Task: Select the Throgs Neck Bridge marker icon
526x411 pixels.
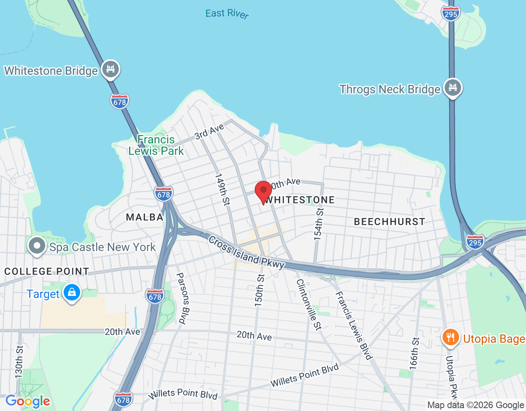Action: (452, 88)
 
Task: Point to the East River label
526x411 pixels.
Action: (227, 14)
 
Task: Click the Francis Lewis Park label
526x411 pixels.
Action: (156, 145)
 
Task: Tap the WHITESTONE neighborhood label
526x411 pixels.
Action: (300, 200)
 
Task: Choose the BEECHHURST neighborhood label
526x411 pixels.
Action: (389, 222)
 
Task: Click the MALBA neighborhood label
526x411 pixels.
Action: (145, 217)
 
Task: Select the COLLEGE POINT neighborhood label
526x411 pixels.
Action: (46, 272)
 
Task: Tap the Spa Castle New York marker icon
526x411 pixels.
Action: (37, 246)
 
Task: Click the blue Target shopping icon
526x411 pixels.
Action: (72, 293)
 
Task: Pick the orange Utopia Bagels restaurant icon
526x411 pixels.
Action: (451, 337)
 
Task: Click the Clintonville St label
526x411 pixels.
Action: (309, 304)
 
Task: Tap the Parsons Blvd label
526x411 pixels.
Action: (183, 298)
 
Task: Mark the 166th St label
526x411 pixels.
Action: (415, 353)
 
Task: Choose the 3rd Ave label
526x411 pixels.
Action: (209, 132)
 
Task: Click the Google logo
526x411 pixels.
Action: (28, 402)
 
